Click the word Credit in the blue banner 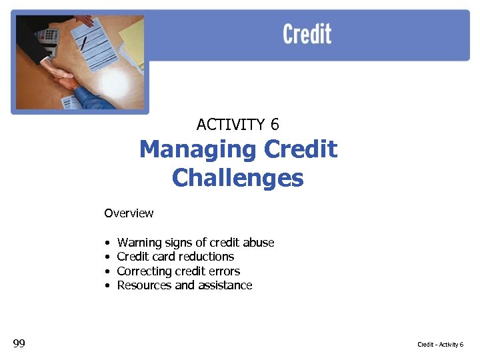(307, 33)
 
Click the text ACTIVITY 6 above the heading (238, 124)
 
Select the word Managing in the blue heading (197, 149)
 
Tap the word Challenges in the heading (237, 178)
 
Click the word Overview (129, 213)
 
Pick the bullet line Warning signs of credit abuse (195, 243)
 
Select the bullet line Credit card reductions (175, 257)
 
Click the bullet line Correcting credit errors (178, 271)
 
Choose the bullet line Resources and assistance (184, 285)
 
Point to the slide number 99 (19, 343)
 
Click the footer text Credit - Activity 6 (440, 344)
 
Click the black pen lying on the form (84, 43)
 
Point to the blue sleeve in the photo (100, 97)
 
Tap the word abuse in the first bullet (259, 243)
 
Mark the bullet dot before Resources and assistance (107, 286)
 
